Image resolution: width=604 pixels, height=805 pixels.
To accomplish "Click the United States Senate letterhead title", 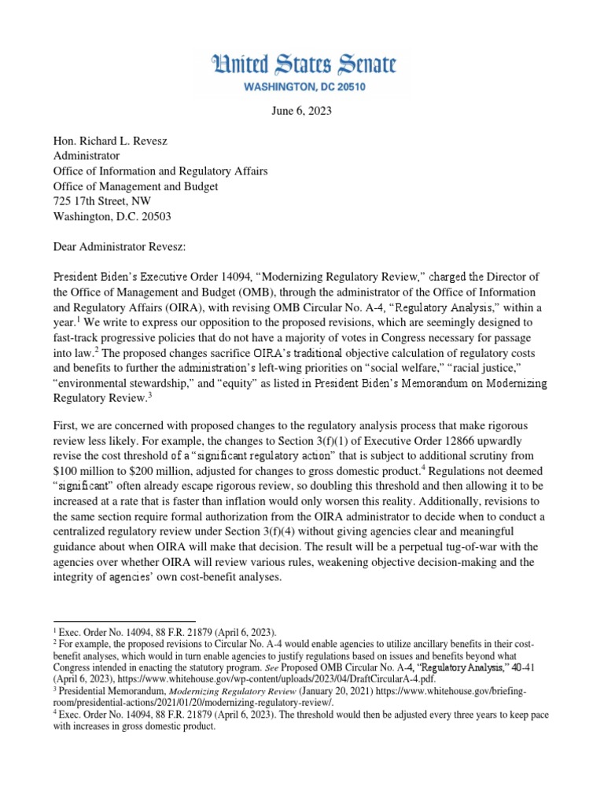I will pyautogui.click(x=302, y=64).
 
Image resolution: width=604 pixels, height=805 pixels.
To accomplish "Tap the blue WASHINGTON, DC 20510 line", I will pyautogui.click(x=302, y=85).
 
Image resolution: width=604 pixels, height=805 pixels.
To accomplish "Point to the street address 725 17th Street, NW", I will pyautogui.click(x=101, y=202).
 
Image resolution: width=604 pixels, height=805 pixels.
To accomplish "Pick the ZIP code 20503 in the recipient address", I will pyautogui.click(x=153, y=217).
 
